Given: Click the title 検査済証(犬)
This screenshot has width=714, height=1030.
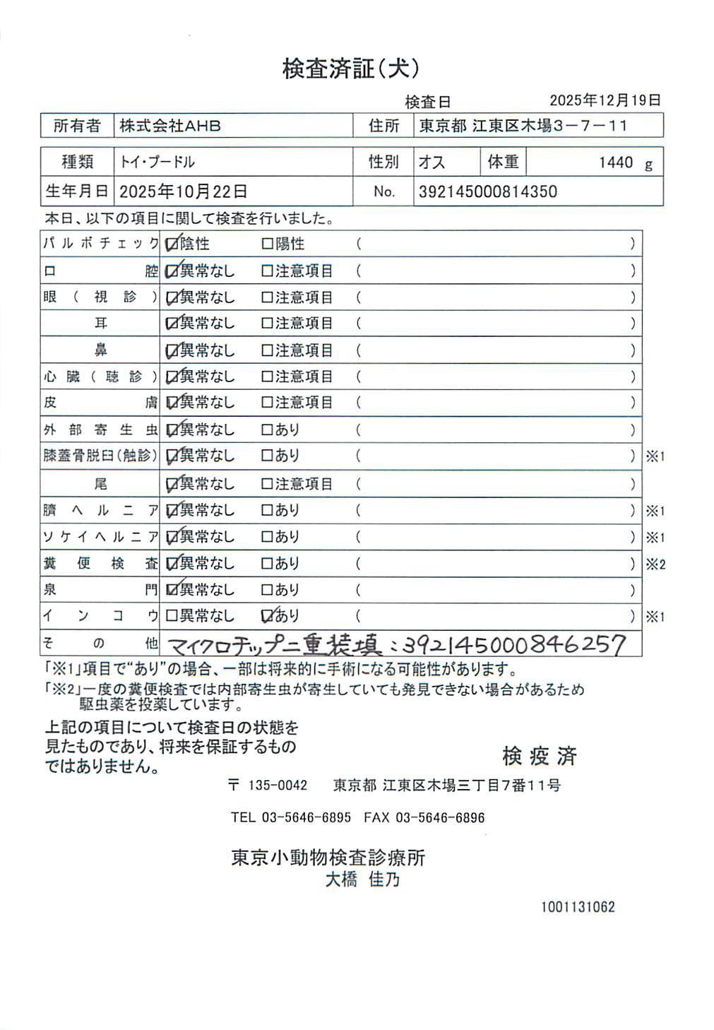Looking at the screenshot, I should [x=351, y=69].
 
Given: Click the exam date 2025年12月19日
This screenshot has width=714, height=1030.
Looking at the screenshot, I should [x=605, y=100].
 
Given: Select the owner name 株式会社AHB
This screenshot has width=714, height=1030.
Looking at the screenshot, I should [x=170, y=126].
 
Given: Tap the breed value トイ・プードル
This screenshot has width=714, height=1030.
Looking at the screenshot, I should [x=157, y=162].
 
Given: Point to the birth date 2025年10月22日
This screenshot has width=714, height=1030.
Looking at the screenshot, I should [x=184, y=191].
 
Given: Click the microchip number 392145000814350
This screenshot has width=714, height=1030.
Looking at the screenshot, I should [x=488, y=191].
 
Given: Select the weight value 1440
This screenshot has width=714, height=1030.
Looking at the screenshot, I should [x=616, y=162].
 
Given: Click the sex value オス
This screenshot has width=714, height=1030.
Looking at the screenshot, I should [x=432, y=162].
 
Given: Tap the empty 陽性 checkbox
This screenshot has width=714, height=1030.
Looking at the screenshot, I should [x=267, y=244].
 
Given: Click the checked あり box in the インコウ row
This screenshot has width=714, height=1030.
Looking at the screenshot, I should [x=268, y=616].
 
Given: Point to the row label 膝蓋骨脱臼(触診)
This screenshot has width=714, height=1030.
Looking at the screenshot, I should [x=100, y=456].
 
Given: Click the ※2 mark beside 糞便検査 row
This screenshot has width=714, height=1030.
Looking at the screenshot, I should [x=655, y=564].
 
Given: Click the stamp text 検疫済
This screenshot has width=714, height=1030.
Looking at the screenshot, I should [x=540, y=756].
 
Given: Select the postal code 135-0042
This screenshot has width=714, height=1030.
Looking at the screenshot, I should [x=278, y=786].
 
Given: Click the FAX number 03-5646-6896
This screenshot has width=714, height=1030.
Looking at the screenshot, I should [x=440, y=818].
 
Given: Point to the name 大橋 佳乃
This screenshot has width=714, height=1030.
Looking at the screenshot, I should [x=362, y=880].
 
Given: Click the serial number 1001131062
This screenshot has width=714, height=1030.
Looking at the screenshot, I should [x=578, y=907].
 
